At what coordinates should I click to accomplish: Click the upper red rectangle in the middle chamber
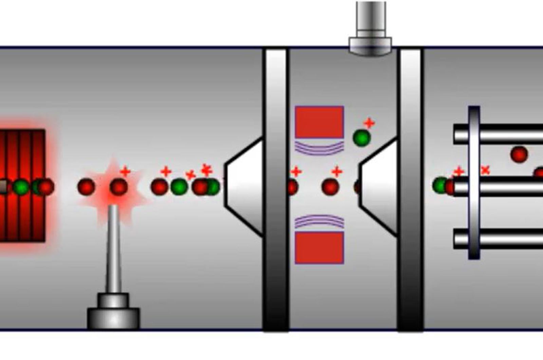pyautogui.click(x=319, y=122)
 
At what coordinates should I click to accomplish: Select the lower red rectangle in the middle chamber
pyautogui.click(x=319, y=248)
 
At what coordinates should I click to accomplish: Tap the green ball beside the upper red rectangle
pyautogui.click(x=361, y=138)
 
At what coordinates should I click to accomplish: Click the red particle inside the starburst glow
pyautogui.click(x=118, y=187)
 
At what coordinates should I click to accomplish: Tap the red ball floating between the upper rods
pyautogui.click(x=519, y=155)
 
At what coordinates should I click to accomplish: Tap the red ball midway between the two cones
pyautogui.click(x=330, y=187)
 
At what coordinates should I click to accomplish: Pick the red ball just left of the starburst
pyautogui.click(x=86, y=187)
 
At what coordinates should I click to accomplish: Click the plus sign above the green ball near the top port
pyautogui.click(x=369, y=123)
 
